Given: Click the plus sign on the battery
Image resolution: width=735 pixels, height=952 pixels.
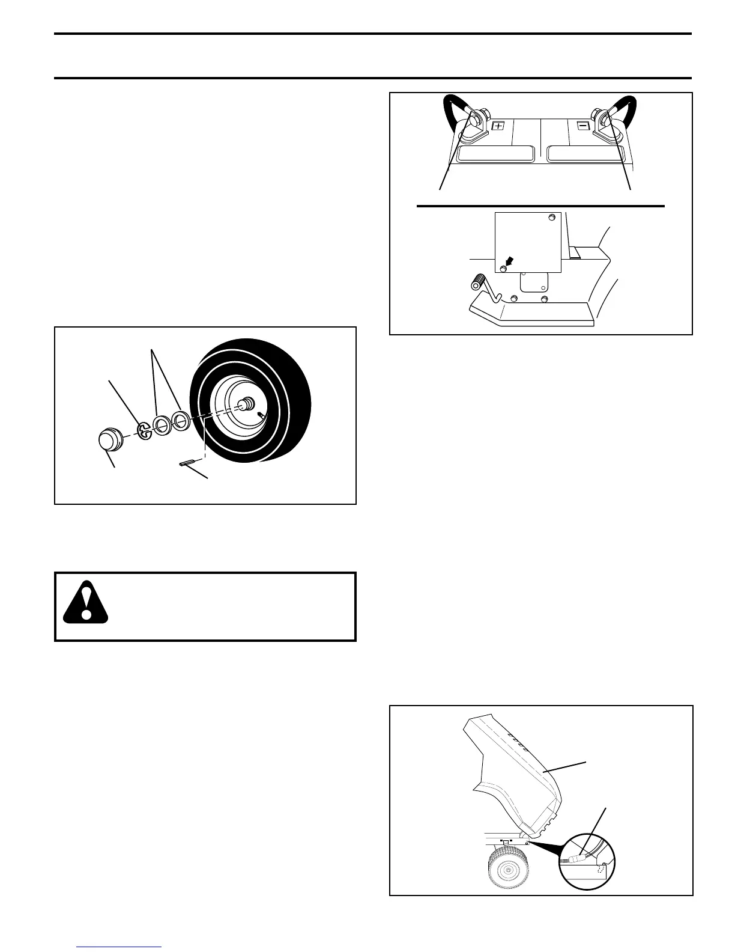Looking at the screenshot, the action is point(498,126).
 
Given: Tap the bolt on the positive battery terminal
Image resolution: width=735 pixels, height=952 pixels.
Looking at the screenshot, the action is point(476,118).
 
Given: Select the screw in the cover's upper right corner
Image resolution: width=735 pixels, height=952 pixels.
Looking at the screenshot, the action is point(552,218).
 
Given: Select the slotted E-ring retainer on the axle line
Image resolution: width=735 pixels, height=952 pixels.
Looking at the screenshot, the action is point(144,430).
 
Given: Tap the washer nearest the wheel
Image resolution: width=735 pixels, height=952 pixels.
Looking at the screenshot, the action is point(180,419).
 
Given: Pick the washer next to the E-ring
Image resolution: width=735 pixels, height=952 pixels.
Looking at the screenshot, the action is point(161,425).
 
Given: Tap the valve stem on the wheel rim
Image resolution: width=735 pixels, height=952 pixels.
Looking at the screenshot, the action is point(261,416).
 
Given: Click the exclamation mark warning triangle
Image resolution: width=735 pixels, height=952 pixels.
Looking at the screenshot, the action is point(86,601).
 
